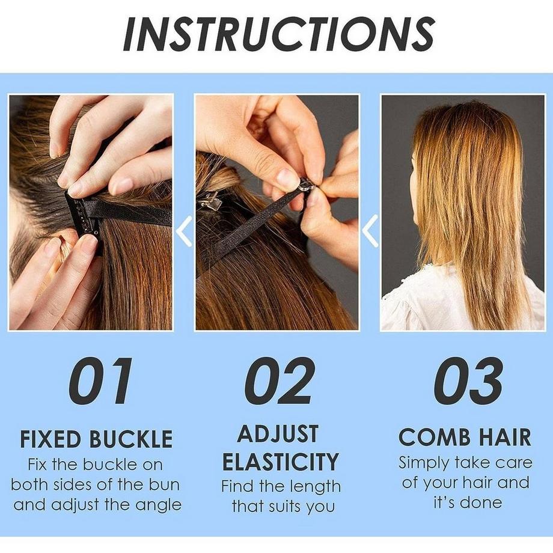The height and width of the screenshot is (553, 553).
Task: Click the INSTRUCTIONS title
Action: (x=278, y=34)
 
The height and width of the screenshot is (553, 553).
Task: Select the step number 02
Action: (x=280, y=380)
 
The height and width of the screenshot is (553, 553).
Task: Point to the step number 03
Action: (x=468, y=380)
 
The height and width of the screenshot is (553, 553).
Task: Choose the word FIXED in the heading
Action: (x=50, y=439)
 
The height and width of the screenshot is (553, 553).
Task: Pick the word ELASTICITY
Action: (x=281, y=462)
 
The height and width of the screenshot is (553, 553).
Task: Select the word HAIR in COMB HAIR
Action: (x=503, y=437)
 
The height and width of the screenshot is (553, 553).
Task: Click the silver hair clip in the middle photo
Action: (x=210, y=201)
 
